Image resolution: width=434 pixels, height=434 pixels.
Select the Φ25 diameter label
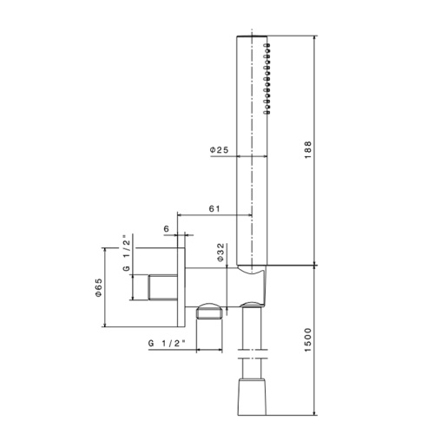[219, 150]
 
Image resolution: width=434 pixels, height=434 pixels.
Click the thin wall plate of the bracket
[181, 286]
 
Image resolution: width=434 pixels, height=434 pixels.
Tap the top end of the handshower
[249, 38]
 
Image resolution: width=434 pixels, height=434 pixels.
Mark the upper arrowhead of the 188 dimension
[315, 40]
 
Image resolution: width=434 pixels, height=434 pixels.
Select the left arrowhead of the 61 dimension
[180, 214]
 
